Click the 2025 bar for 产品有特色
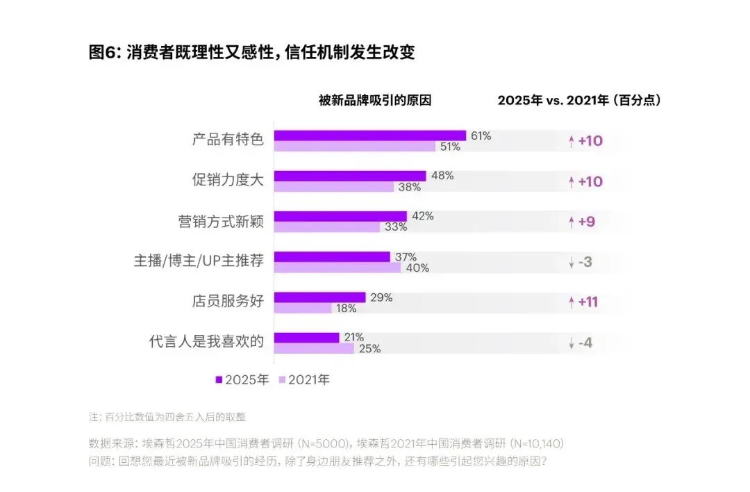coord(369,136)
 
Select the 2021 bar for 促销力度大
coord(333,187)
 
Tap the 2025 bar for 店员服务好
coord(319,297)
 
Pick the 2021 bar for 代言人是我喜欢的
coord(314,349)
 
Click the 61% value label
coord(481,136)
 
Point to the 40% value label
coord(417,268)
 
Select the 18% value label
coord(346,309)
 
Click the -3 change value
coord(585,262)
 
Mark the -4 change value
coord(585,343)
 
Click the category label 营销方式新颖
coord(221,222)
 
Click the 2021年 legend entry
coord(304,379)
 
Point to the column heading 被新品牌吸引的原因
coord(375,100)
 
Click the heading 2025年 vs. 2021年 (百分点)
coord(579,100)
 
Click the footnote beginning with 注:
coord(167,418)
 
